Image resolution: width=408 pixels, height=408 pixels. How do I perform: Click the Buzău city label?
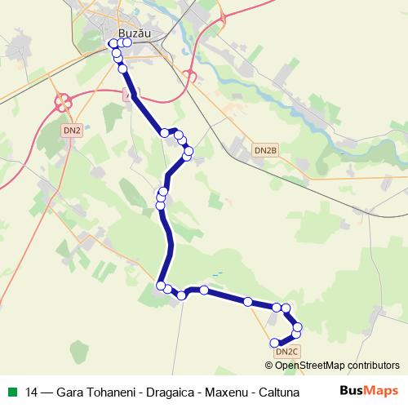[135, 33]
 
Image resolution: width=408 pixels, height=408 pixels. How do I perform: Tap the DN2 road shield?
[72, 130]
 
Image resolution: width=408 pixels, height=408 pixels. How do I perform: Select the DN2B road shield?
[266, 150]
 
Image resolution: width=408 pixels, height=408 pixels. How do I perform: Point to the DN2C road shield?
[287, 352]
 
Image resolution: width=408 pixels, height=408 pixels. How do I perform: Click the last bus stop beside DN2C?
[273, 343]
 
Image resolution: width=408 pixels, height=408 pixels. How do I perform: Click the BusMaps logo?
[368, 390]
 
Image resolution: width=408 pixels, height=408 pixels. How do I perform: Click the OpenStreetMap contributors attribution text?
[346, 366]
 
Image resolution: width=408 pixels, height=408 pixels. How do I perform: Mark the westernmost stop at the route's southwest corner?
[161, 284]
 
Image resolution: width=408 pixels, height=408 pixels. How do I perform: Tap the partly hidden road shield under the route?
[127, 95]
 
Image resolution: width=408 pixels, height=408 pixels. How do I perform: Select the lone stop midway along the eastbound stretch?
[248, 302]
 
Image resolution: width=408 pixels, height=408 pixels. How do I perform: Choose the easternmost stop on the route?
[297, 327]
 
